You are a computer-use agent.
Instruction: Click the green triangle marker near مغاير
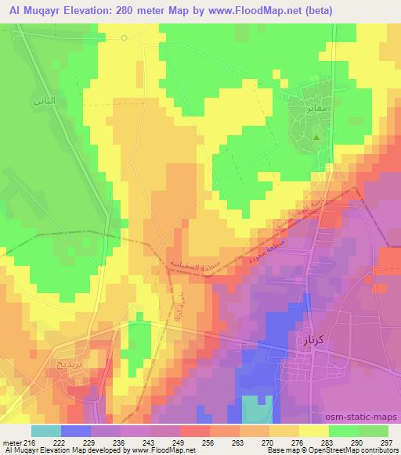[x=316, y=138]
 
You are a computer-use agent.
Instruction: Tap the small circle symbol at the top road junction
[x=124, y=38]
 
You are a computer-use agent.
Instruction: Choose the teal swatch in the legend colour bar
[x=46, y=430]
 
